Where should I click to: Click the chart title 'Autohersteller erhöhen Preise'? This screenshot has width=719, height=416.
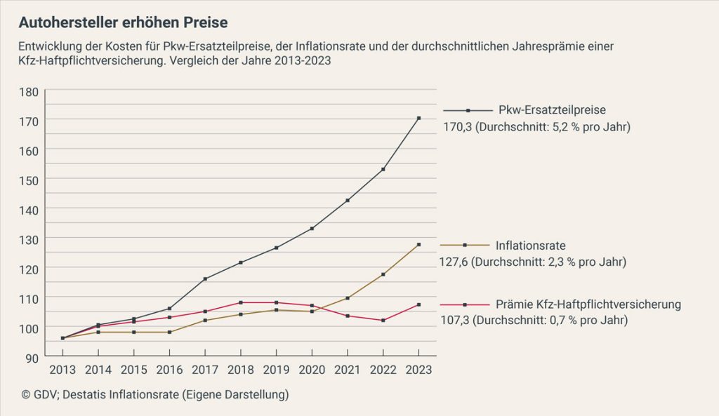[x=123, y=22]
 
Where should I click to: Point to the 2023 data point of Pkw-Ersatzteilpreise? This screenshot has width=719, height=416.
[x=418, y=118]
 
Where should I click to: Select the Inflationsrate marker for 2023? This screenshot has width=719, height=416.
[x=418, y=245]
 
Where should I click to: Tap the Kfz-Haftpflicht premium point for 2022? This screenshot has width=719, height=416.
[x=383, y=321]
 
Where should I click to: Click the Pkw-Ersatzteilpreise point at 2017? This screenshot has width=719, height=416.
[x=205, y=279]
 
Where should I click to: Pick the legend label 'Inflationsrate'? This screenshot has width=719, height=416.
[x=531, y=246]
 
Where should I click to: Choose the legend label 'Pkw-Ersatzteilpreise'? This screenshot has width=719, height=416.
[x=552, y=110]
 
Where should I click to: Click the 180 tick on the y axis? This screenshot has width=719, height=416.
[x=29, y=91]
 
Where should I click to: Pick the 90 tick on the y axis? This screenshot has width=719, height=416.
[x=32, y=357]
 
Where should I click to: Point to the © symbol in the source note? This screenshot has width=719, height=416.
[x=25, y=395]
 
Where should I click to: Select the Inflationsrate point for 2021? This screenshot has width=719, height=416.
[x=348, y=298]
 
